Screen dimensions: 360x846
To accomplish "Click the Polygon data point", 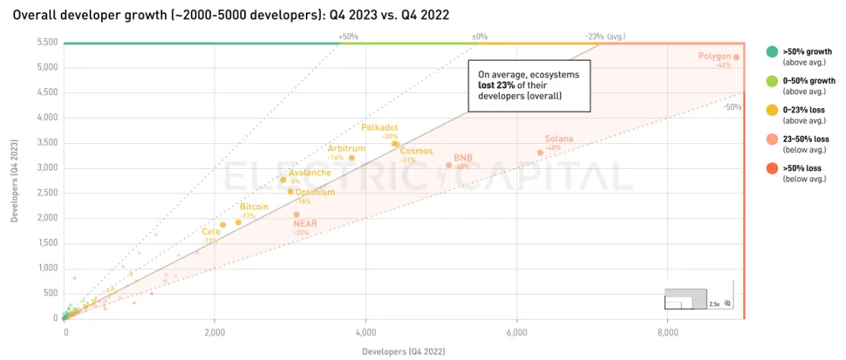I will [736, 57].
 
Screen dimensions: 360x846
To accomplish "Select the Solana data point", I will [540, 153].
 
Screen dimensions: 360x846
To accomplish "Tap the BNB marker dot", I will [449, 165].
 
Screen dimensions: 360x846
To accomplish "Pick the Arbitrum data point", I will [351, 158].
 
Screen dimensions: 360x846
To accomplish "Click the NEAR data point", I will [296, 215].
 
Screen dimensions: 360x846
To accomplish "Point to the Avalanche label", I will [310, 173].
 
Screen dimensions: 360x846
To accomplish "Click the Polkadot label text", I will [380, 127].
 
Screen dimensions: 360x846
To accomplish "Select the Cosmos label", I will [418, 151].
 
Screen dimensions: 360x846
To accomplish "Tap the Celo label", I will [211, 231].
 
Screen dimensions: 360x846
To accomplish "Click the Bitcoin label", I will [254, 207].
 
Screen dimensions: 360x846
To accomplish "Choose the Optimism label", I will [315, 192].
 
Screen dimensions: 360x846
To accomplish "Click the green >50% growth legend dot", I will [771, 52].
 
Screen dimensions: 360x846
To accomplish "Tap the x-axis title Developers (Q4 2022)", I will [403, 351].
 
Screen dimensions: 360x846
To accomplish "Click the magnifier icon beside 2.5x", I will [728, 304].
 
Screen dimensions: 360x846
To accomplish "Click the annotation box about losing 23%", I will [520, 86].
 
